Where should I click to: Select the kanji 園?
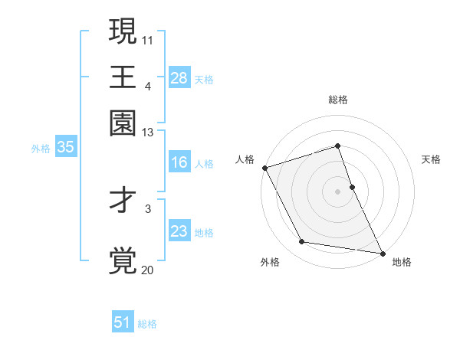[123, 122]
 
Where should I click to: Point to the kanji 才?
[123, 201]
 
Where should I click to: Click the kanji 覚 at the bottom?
[123, 260]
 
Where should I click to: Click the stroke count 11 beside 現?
[147, 39]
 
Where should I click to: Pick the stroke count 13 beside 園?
[147, 133]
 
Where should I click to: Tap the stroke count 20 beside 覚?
[147, 270]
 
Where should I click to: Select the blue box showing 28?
[179, 78]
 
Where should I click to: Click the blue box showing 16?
[179, 162]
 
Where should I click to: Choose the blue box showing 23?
[179, 231]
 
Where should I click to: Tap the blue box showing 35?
[65, 148]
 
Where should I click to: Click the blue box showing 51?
[123, 322]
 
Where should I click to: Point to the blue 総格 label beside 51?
[147, 324]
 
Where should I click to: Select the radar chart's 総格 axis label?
[338, 100]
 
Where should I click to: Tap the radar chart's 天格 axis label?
[432, 159]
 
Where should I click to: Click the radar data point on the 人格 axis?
[264, 168]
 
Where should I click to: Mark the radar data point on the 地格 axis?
[382, 252]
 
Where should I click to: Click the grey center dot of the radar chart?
[338, 191]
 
